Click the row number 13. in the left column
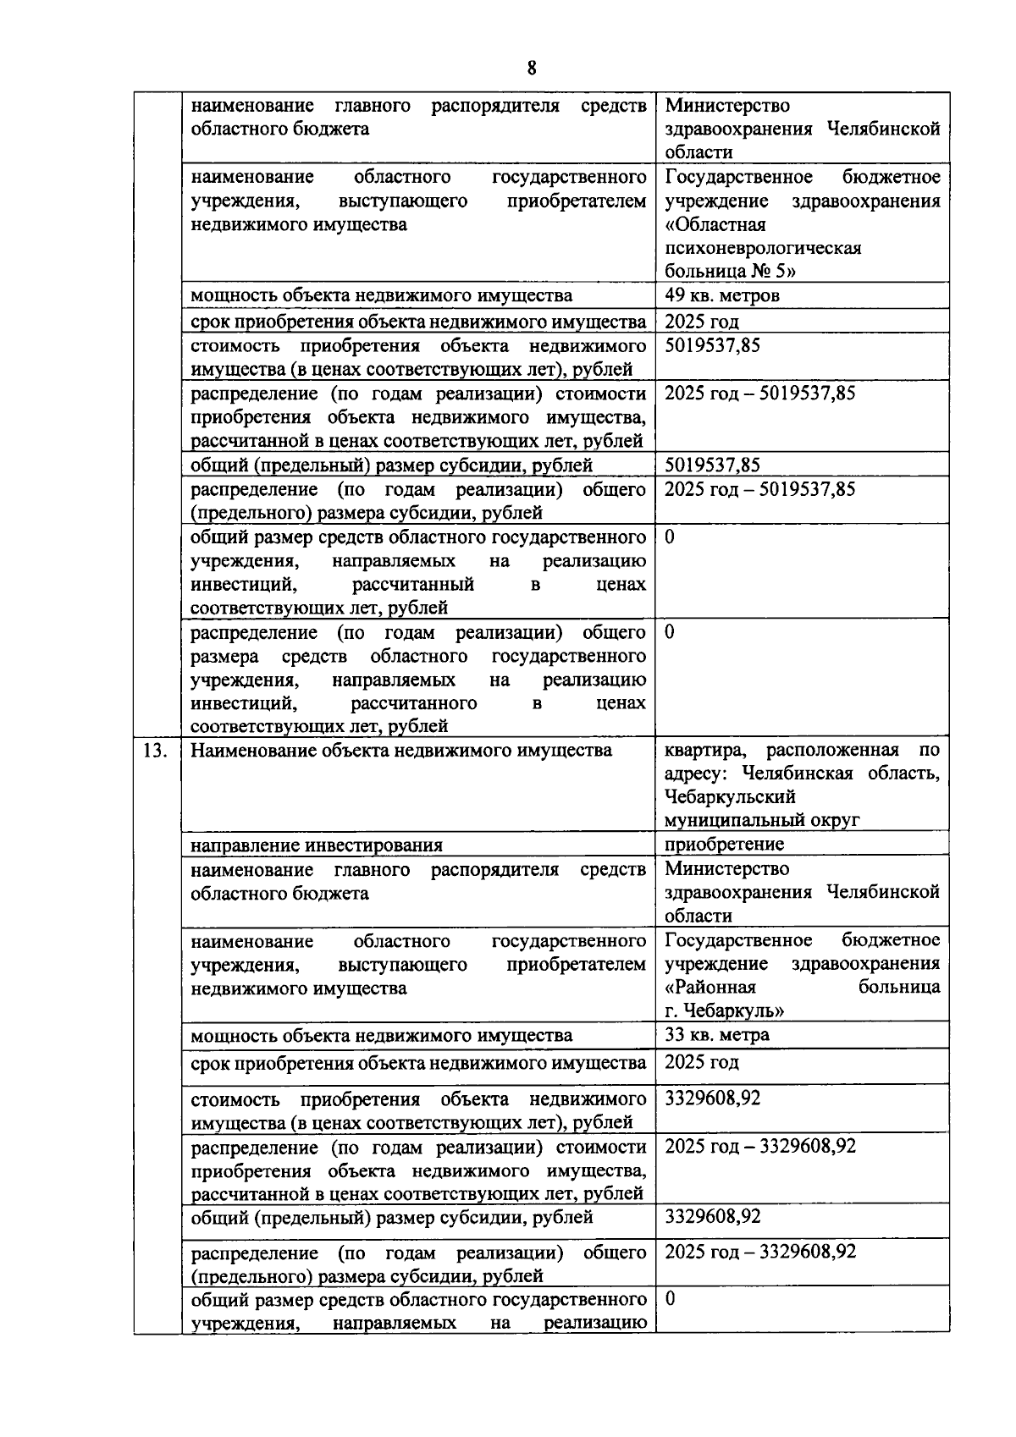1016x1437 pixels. pos(156,750)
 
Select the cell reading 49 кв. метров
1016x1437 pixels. pos(721,295)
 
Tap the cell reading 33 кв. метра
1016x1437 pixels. pos(716,1035)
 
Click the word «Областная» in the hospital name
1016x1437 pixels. pos(715,224)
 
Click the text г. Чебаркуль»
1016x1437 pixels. pos(724,1011)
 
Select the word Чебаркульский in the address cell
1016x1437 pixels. pos(730,796)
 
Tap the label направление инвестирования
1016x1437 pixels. pos(316,845)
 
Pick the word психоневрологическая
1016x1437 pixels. pos(763,248)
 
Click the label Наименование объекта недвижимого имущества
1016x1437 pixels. pos(400,750)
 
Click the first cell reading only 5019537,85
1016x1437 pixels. pos(712,345)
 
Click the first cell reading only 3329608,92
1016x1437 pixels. pos(712,1098)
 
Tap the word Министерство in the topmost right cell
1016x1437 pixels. pos(727,106)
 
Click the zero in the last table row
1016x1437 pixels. pos(670,1298)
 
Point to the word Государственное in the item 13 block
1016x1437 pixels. pos(738,940)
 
